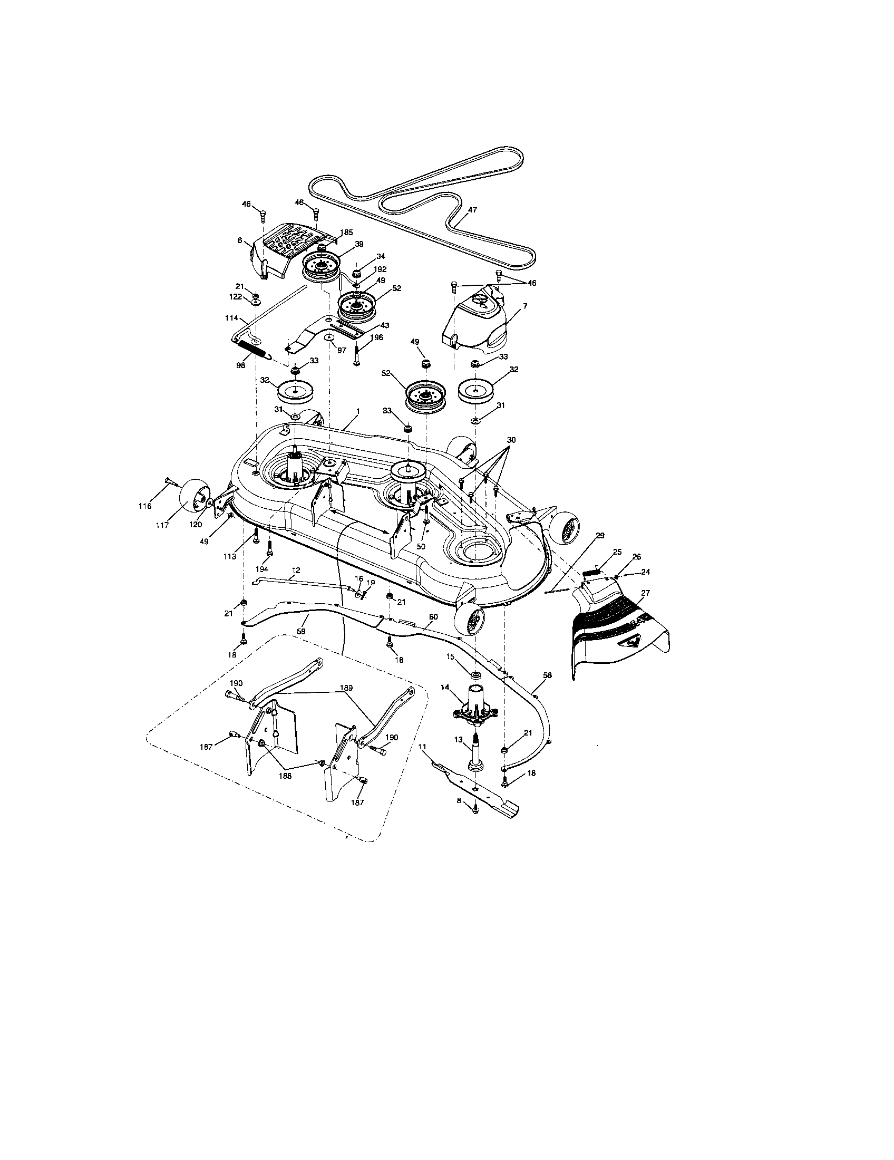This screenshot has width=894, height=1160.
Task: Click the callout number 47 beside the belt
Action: [472, 210]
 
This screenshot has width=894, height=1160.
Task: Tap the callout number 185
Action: [346, 232]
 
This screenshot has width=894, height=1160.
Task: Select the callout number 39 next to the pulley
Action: [359, 244]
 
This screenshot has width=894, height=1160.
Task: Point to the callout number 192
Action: [380, 269]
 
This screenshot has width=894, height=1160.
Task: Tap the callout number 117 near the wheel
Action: [162, 525]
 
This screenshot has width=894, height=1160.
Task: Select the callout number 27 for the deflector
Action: [646, 592]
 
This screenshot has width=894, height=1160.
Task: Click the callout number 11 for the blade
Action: [422, 746]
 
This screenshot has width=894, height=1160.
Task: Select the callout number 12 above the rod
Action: [296, 570]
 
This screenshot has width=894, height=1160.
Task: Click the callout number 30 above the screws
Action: [511, 440]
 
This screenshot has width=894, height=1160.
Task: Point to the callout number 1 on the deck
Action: [358, 426]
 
